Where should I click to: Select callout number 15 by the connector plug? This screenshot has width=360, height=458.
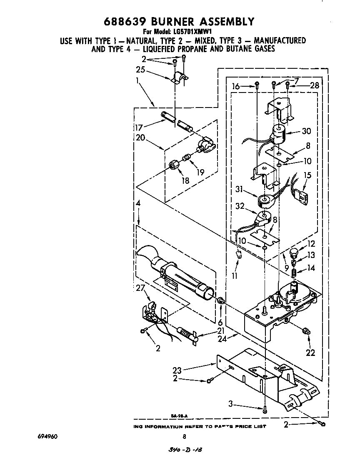tap(307, 175)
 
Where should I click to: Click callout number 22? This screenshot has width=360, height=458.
tap(310, 353)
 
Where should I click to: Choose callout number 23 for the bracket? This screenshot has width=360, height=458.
tap(177, 370)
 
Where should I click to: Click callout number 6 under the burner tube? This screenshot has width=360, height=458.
tap(220, 323)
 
